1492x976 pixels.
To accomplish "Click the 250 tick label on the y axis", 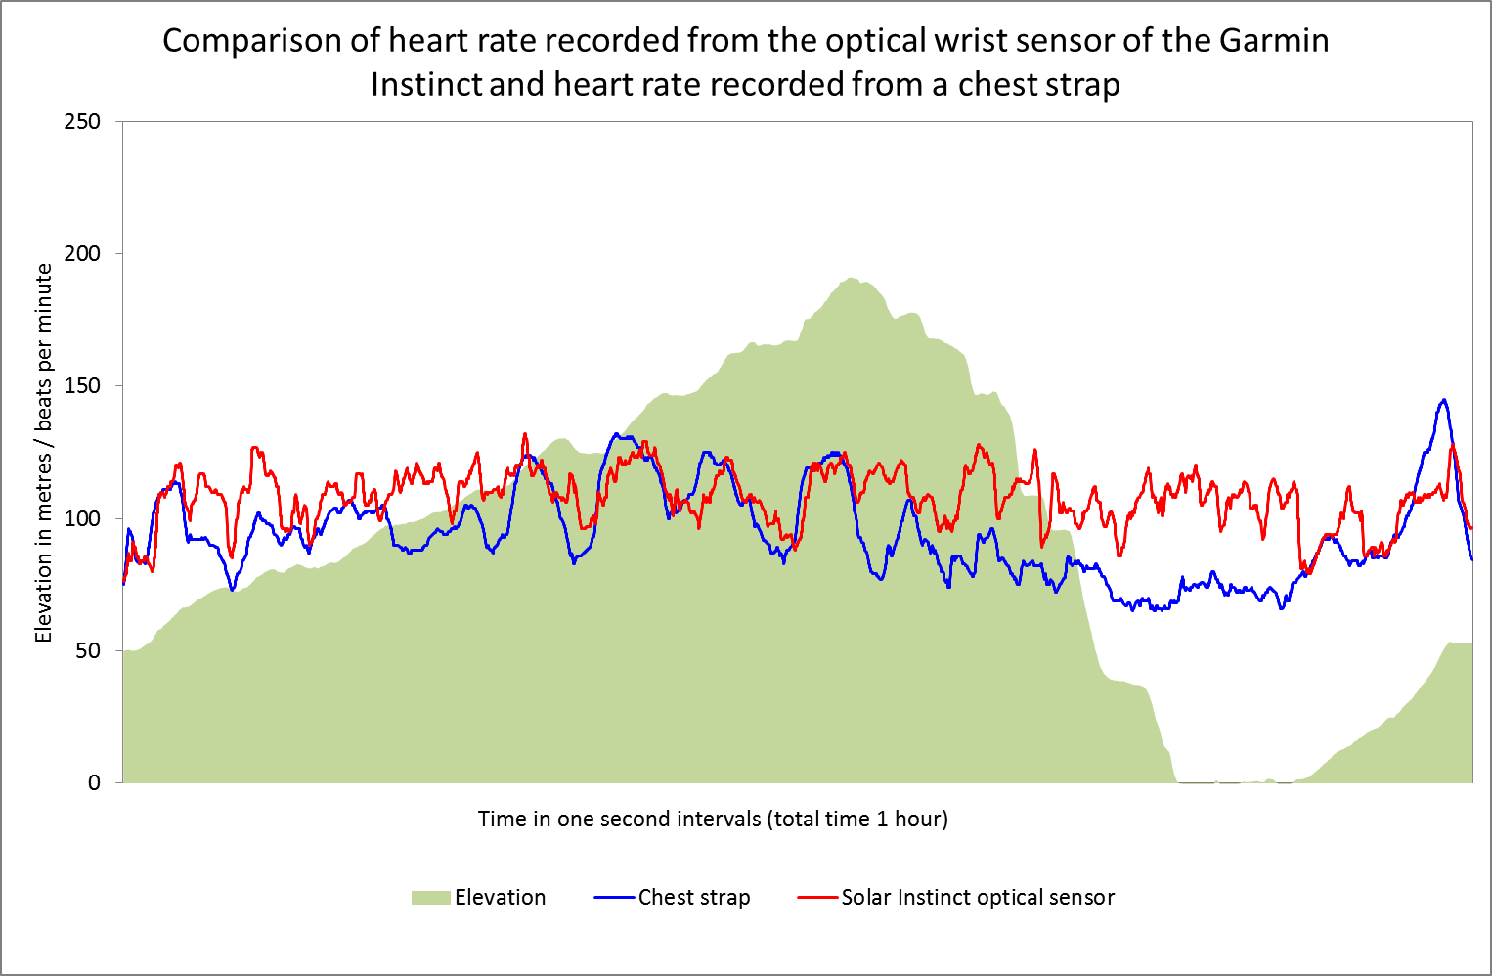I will pos(82,122).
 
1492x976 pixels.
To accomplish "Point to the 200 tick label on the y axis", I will pos(82,254).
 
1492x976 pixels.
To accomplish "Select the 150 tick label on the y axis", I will pos(82,386).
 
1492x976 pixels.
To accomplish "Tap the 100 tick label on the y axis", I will pos(82,518).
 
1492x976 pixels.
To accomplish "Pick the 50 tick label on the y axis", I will pos(88,650).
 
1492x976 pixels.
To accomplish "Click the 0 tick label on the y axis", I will pos(94,782).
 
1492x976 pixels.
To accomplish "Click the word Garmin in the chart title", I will pos(1274,41).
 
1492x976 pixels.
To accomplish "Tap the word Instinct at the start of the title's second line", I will pos(426,85).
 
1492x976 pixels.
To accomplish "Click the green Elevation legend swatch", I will pos(430,898).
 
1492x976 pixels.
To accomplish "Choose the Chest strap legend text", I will pos(694,898).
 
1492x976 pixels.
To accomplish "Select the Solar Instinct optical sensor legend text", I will pos(978,898).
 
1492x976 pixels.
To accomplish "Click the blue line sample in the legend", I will pos(614,898).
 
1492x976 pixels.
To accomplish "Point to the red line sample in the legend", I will pos(817,898).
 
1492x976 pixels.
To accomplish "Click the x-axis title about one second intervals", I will pos(713,819).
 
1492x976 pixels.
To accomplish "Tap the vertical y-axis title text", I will pos(44,453).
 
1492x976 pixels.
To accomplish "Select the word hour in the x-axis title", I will pos(920,819).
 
